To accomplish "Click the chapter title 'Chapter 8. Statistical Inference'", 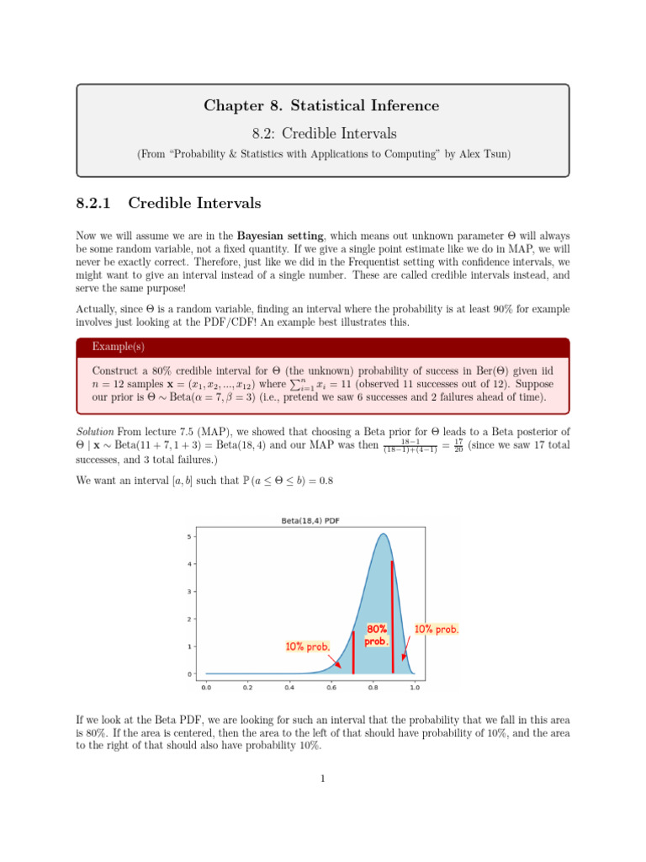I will click(x=321, y=105).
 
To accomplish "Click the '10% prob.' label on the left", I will click(x=307, y=646).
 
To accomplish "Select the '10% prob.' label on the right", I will click(x=437, y=630).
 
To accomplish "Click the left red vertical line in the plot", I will click(x=353, y=652).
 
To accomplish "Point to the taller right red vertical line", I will click(x=393, y=617).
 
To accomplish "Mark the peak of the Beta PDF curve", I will click(x=383, y=534).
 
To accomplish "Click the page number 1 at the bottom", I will click(x=322, y=778).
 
